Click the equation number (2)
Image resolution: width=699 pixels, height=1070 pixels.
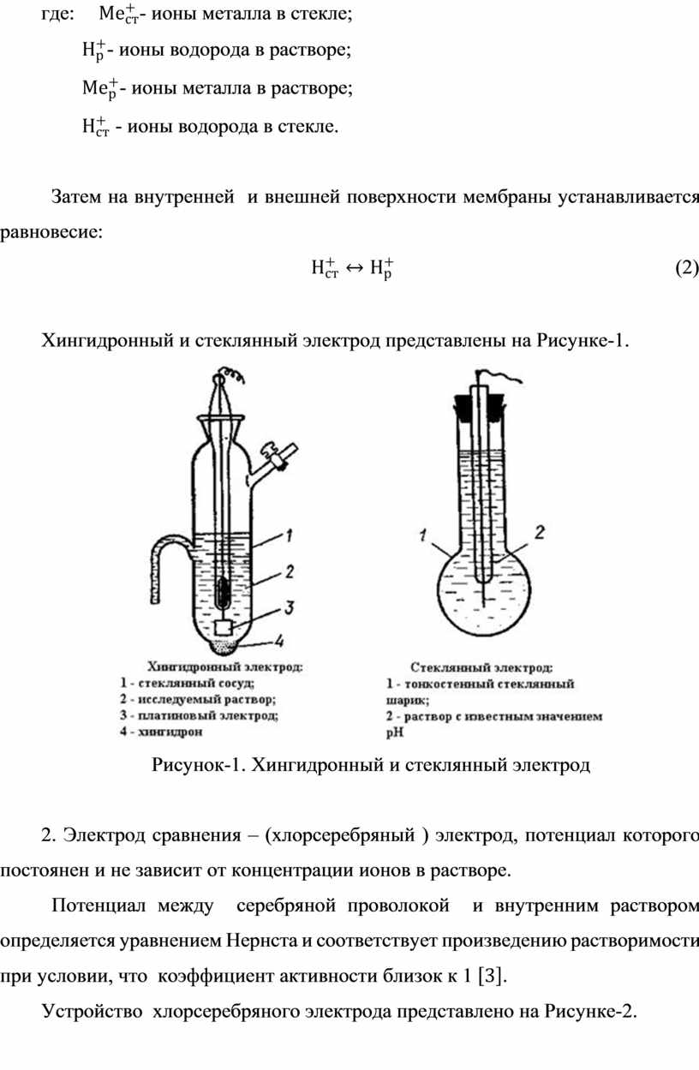coord(686,268)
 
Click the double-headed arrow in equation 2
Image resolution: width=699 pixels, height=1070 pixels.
coord(354,268)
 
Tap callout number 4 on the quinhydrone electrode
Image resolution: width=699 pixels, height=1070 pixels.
coord(279,641)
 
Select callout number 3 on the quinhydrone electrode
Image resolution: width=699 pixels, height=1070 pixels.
coord(289,607)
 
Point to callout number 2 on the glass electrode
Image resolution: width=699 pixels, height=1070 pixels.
coord(540,532)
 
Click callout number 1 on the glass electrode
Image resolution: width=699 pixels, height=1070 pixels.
coord(423,535)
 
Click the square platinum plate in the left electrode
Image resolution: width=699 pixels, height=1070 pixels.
coord(223,627)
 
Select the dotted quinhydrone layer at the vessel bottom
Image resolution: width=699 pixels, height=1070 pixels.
coord(224,646)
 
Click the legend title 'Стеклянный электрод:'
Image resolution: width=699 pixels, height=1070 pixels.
coord(481,667)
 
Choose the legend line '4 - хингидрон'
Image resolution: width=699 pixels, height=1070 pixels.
coord(162,732)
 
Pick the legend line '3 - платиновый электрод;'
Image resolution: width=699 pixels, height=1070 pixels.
coord(200,715)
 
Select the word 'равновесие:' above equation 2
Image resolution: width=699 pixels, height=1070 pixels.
coord(51,233)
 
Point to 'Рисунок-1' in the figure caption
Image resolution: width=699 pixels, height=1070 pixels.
coord(198,765)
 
